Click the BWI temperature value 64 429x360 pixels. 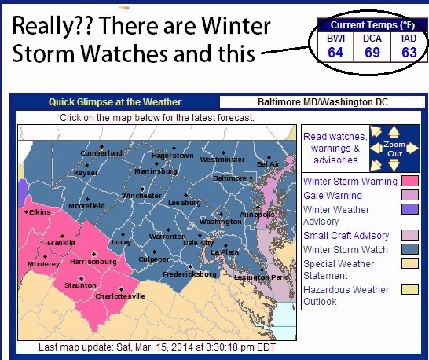(x=335, y=53)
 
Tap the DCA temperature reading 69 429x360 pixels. (x=372, y=53)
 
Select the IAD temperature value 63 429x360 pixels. (x=409, y=53)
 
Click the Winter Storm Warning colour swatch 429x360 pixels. (x=410, y=181)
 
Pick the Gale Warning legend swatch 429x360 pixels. (x=410, y=195)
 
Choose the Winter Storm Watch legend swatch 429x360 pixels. (x=410, y=249)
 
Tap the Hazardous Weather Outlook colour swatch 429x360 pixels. (x=410, y=289)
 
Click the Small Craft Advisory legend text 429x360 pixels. (x=346, y=236)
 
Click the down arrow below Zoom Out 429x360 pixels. (x=394, y=165)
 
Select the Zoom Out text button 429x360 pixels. (x=394, y=149)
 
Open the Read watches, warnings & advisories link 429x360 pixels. (x=335, y=148)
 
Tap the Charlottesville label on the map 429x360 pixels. (x=120, y=296)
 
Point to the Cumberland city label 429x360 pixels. (x=101, y=153)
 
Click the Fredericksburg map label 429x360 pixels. (x=189, y=274)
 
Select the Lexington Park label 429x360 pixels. (x=261, y=277)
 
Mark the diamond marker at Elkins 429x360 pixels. (x=26, y=212)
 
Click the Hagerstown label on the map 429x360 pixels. (x=173, y=156)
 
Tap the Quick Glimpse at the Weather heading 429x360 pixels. (x=115, y=102)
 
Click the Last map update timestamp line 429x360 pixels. (x=157, y=347)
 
